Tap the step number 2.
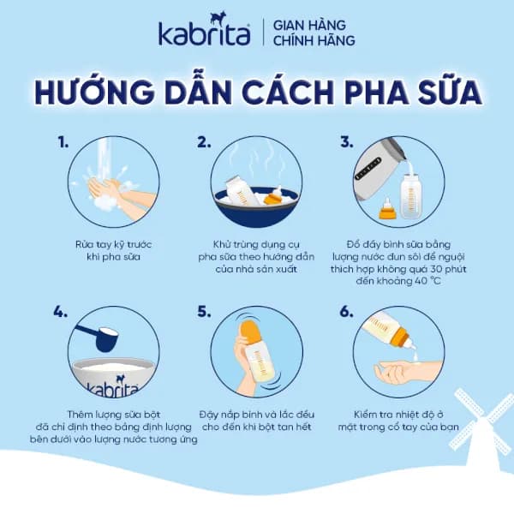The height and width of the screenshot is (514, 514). [204, 141]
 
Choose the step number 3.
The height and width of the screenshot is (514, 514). [346, 141]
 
